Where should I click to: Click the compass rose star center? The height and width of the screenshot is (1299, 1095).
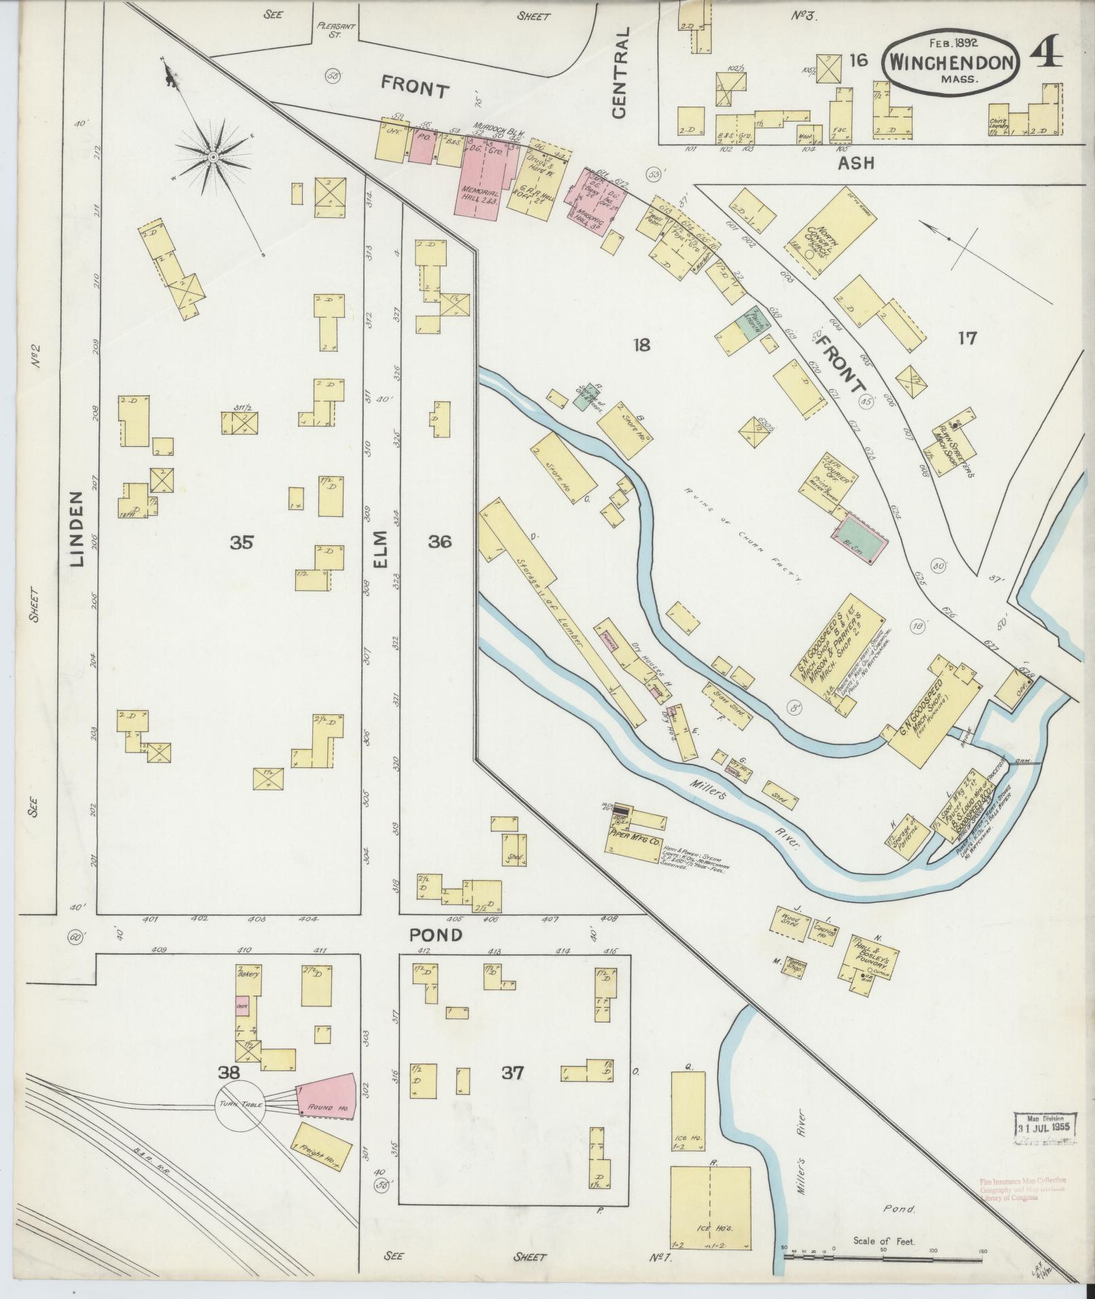click(213, 158)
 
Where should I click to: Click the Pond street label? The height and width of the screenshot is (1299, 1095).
click(437, 935)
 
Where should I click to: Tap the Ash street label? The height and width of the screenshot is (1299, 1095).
click(855, 163)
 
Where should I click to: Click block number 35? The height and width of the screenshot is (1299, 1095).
click(241, 541)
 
